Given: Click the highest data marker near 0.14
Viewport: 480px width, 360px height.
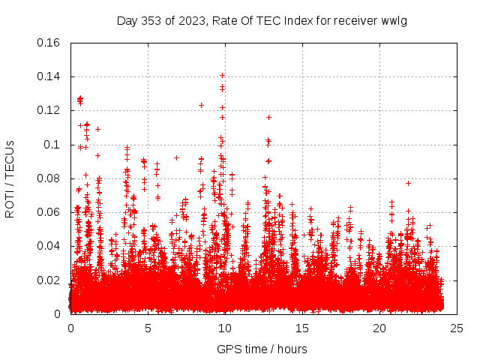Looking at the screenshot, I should tap(223, 75).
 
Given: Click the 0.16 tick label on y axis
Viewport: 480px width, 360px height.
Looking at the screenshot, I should tap(49, 42).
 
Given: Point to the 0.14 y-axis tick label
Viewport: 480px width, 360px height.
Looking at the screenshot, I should tap(49, 76).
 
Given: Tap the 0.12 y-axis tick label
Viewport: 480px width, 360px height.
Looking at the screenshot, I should tap(49, 110).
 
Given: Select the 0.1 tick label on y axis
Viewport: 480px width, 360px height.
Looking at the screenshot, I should tap(52, 144).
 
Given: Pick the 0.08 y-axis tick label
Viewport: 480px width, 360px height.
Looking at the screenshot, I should tap(49, 178).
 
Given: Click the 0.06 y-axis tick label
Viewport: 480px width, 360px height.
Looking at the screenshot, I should tap(49, 212).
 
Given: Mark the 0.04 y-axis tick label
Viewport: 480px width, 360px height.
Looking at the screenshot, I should tap(49, 246).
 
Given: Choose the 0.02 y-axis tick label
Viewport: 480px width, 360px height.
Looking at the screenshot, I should tap(49, 280).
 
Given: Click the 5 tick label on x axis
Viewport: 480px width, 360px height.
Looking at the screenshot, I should tap(148, 328).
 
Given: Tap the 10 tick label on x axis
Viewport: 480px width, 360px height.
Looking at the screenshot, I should tap(225, 328).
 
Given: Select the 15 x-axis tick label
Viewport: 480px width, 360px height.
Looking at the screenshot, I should tap(302, 328).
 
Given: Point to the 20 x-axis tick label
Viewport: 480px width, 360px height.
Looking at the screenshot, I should tap(379, 328).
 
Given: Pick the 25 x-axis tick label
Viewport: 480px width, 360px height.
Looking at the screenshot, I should tap(457, 328).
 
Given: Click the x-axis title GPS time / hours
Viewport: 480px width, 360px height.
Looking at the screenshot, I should tap(262, 349).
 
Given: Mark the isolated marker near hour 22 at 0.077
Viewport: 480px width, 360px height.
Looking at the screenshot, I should tap(409, 183).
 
